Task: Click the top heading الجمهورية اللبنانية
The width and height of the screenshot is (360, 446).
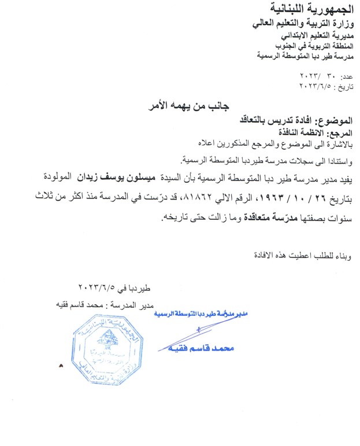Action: pyautogui.click(x=311, y=9)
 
